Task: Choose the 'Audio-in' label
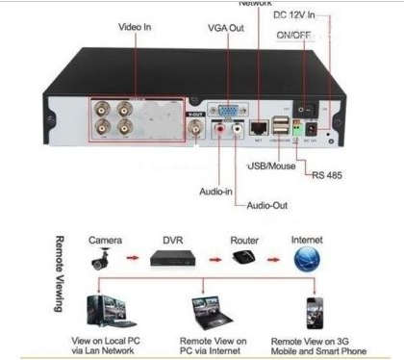(x=215, y=192)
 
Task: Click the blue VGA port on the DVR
(x=227, y=112)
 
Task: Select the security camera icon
(x=101, y=258)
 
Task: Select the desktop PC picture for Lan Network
(x=109, y=312)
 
